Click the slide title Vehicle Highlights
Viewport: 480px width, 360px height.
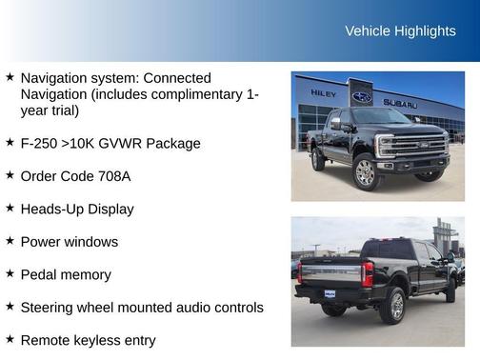tap(400, 31)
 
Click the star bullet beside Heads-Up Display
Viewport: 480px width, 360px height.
tap(10, 208)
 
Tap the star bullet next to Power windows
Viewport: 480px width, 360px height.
tap(10, 241)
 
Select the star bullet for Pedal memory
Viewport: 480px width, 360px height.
tap(10, 273)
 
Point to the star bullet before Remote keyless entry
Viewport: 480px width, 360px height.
tap(10, 339)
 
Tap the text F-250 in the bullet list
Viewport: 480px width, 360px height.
tap(41, 144)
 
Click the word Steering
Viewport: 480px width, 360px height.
tap(50, 308)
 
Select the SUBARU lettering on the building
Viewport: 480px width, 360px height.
tap(400, 103)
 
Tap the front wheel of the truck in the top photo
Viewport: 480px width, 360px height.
tap(366, 171)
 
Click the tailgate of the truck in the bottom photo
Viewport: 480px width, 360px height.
tap(329, 273)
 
